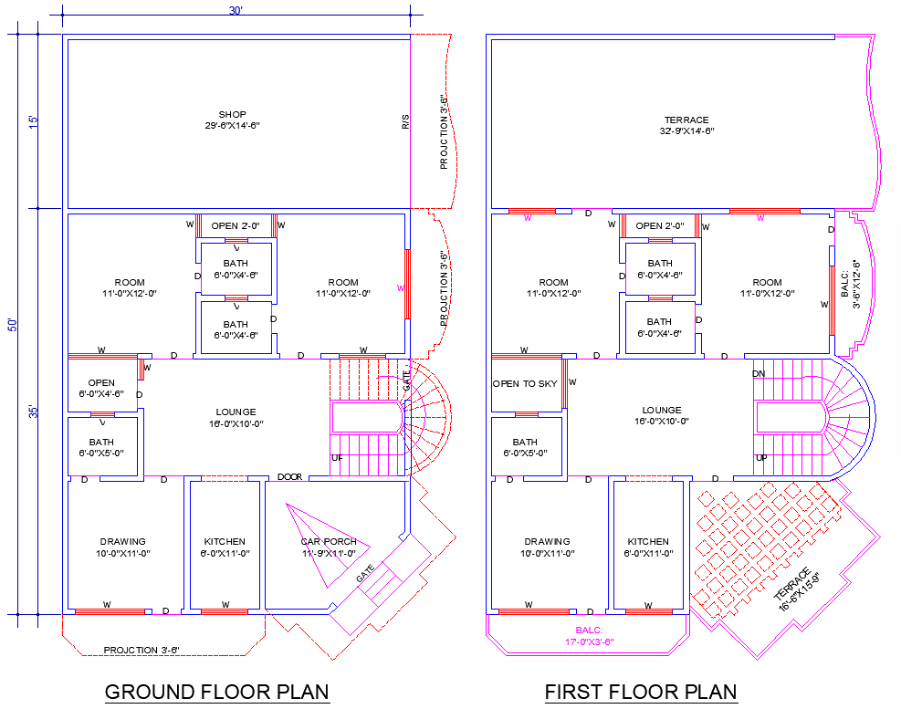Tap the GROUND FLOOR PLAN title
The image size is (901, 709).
[217, 692]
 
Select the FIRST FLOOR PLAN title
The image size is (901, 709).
[641, 692]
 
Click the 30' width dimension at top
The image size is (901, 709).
[235, 10]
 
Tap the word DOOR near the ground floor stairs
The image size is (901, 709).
[289, 477]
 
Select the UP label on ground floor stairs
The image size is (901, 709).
[337, 458]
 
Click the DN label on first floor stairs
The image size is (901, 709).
[759, 374]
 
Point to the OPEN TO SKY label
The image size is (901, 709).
[525, 384]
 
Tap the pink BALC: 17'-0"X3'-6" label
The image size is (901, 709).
[588, 636]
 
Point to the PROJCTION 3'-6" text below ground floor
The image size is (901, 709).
[141, 650]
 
